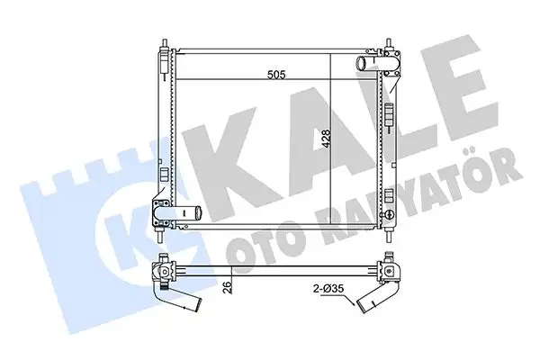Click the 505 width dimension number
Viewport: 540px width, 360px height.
pyautogui.click(x=274, y=76)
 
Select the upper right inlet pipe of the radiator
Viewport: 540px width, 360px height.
pyautogui.click(x=364, y=63)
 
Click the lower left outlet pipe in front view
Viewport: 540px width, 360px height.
pyautogui.click(x=187, y=214)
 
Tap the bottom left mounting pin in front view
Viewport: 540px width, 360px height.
pyautogui.click(x=161, y=239)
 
